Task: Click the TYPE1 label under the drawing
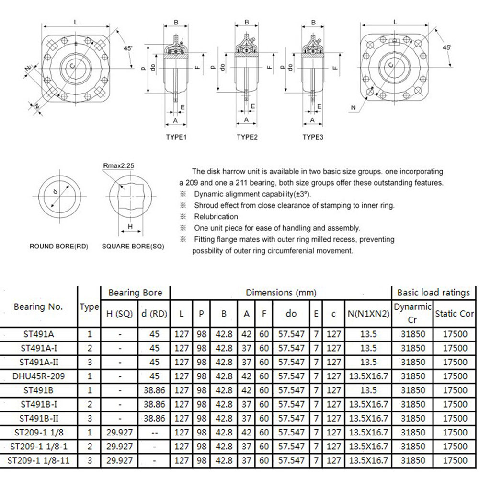coord(176,137)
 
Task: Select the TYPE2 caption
coord(247,137)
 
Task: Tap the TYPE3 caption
coord(313,137)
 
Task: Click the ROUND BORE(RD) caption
coord(59,247)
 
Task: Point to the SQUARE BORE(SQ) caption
coord(133,247)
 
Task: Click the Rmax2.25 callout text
coord(118,166)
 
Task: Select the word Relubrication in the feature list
coord(216,217)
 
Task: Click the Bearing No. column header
coord(38,307)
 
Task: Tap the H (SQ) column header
coord(119,314)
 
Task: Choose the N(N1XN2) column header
coord(367,314)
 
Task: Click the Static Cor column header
coord(454,314)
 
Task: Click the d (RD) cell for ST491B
coord(154,390)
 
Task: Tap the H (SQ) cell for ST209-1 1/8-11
coord(119,460)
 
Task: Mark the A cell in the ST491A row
coord(246,334)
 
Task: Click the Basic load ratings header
coord(433,293)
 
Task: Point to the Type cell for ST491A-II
coord(90,362)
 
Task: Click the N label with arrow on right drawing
coord(353,108)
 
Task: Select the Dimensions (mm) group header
coord(281,293)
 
